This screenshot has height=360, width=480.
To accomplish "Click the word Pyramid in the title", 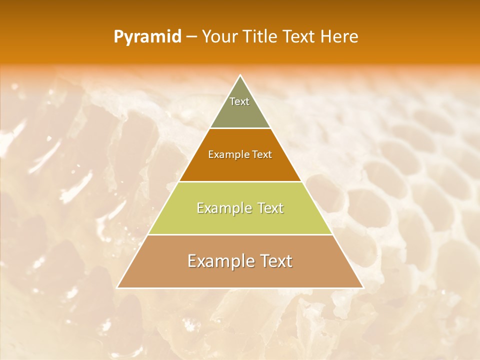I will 147,36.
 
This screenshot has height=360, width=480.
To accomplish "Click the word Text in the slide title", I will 300,36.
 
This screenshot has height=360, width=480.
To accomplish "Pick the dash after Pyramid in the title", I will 191,37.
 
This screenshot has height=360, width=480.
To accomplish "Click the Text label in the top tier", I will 239,101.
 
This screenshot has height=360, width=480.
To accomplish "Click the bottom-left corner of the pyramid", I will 118,287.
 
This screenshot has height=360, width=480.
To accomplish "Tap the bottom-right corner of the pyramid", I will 363,287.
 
